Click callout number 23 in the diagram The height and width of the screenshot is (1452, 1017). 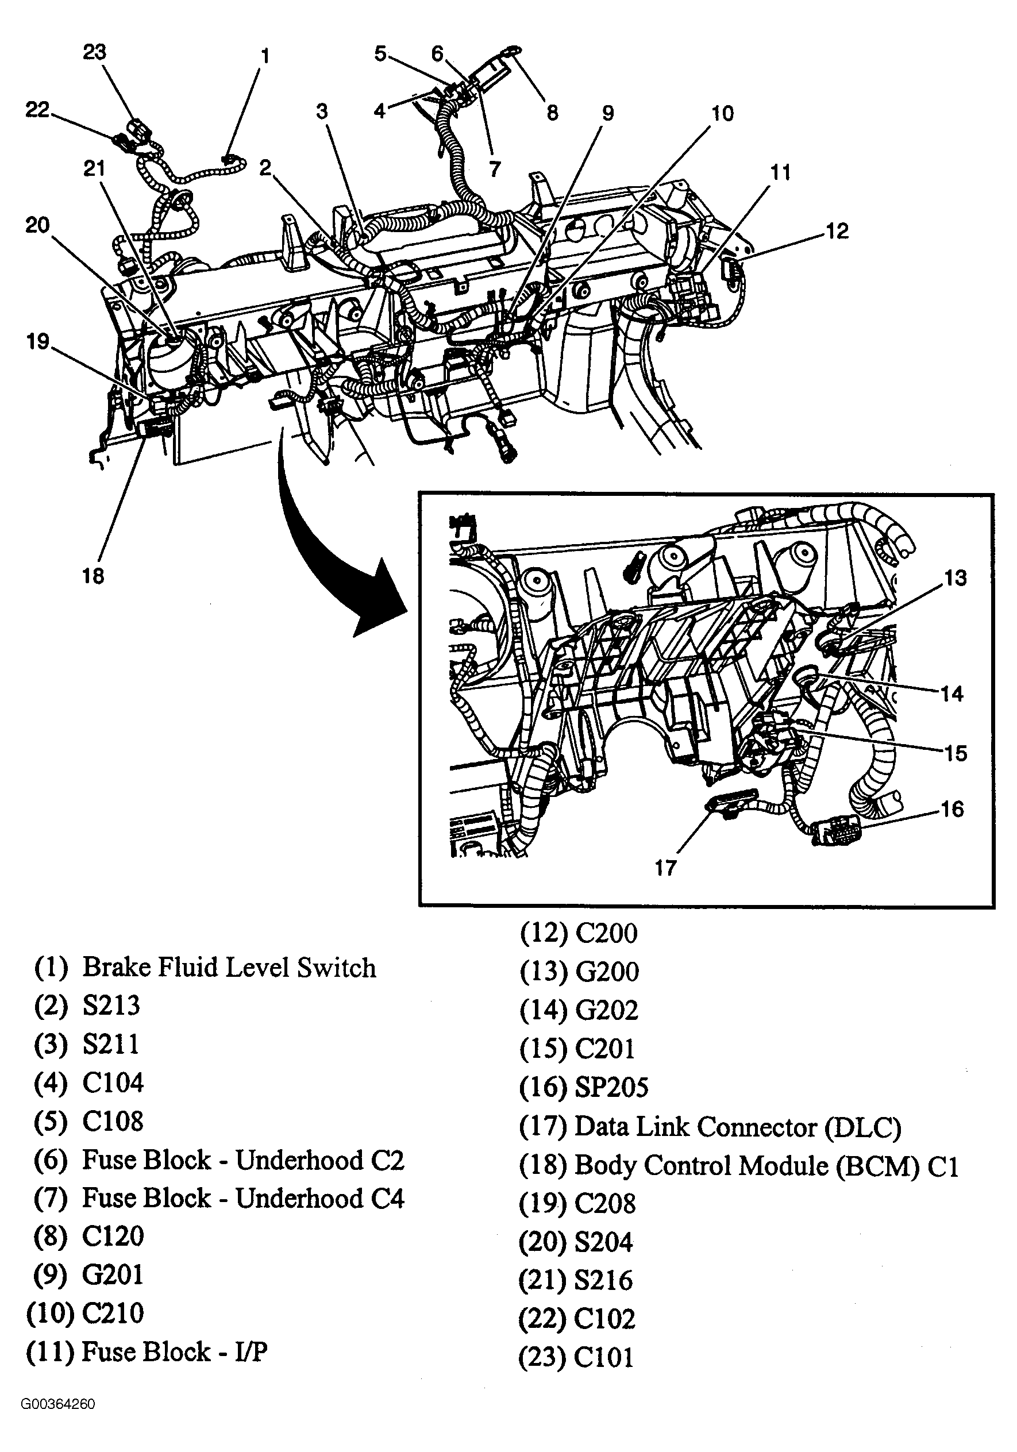[94, 52]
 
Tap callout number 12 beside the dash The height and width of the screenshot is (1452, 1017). [837, 231]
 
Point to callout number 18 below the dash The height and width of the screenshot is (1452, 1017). [93, 576]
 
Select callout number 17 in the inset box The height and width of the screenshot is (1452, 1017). [665, 868]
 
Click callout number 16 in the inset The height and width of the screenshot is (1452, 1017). [953, 809]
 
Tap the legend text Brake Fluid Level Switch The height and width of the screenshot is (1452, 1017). [229, 968]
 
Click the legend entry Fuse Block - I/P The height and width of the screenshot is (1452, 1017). [175, 1351]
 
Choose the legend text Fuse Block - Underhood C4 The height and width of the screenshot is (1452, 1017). [243, 1198]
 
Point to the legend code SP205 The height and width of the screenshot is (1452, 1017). [611, 1087]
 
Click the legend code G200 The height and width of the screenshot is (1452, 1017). [607, 972]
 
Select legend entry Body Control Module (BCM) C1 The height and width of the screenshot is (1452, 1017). [766, 1165]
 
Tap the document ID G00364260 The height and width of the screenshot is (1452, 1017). [57, 1422]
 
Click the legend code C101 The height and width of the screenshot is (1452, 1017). [603, 1357]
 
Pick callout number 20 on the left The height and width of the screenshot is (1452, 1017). [37, 225]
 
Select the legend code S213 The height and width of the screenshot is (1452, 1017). [111, 1006]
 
